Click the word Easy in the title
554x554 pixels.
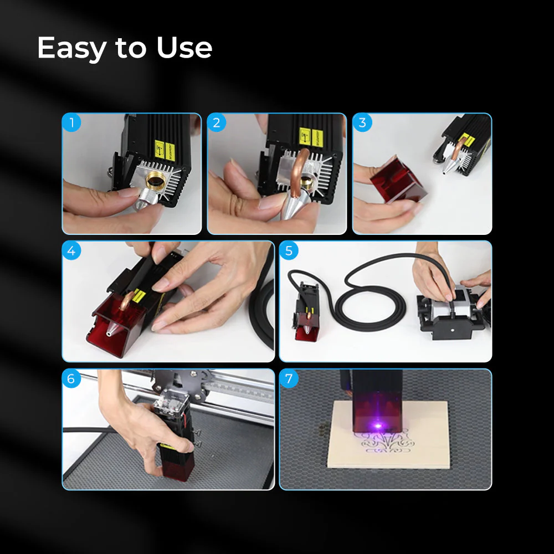[71, 49]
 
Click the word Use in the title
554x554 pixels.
[184, 48]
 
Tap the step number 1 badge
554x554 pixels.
[71, 122]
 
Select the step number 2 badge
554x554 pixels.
[217, 122]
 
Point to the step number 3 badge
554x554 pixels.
[362, 122]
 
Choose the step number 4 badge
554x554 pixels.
[71, 250]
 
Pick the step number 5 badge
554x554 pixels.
[289, 250]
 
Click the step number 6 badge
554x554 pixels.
[71, 379]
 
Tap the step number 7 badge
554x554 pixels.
[289, 379]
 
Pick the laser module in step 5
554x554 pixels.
[306, 310]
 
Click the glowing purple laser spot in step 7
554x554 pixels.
[379, 426]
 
